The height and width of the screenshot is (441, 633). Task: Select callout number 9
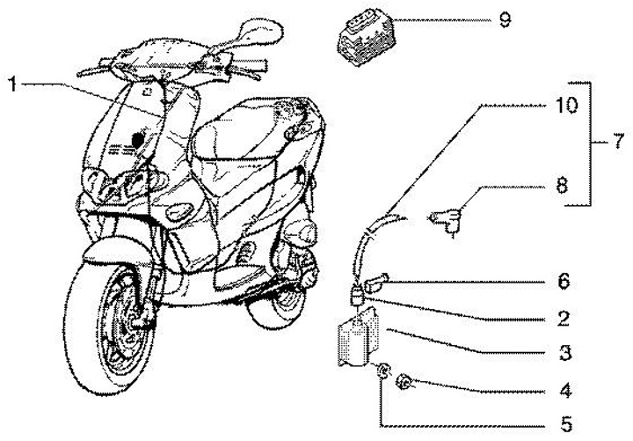click(x=505, y=18)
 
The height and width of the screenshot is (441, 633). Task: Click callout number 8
click(x=562, y=186)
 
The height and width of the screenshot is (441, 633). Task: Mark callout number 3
click(x=563, y=355)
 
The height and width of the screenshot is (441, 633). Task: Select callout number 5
click(x=563, y=421)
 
